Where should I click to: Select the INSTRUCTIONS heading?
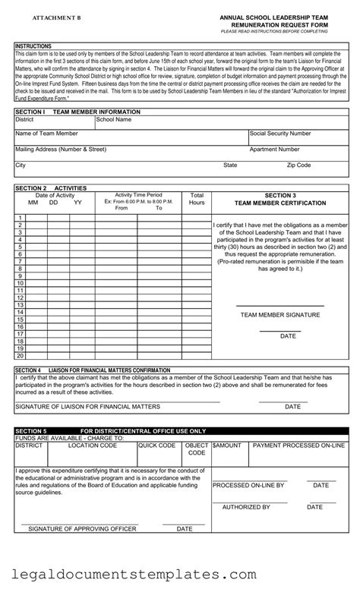tap(33, 46)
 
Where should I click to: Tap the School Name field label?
tap(113, 119)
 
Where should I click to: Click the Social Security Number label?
tap(280, 133)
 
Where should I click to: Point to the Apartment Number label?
tap(274, 150)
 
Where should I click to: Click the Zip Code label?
tap(298, 165)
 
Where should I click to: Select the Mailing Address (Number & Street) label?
tap(61, 150)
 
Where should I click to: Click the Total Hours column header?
tap(197, 199)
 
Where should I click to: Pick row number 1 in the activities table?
tap(21, 219)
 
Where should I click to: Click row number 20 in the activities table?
tap(21, 355)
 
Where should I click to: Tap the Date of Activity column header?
tap(55, 195)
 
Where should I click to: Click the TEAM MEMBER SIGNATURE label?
tap(279, 313)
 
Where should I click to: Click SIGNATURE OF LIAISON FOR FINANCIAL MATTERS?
tap(87, 406)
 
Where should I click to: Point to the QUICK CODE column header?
tap(157, 446)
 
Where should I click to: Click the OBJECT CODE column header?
tap(197, 449)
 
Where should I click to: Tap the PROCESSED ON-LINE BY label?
tap(248, 485)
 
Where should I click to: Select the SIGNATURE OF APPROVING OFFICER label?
tap(84, 528)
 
